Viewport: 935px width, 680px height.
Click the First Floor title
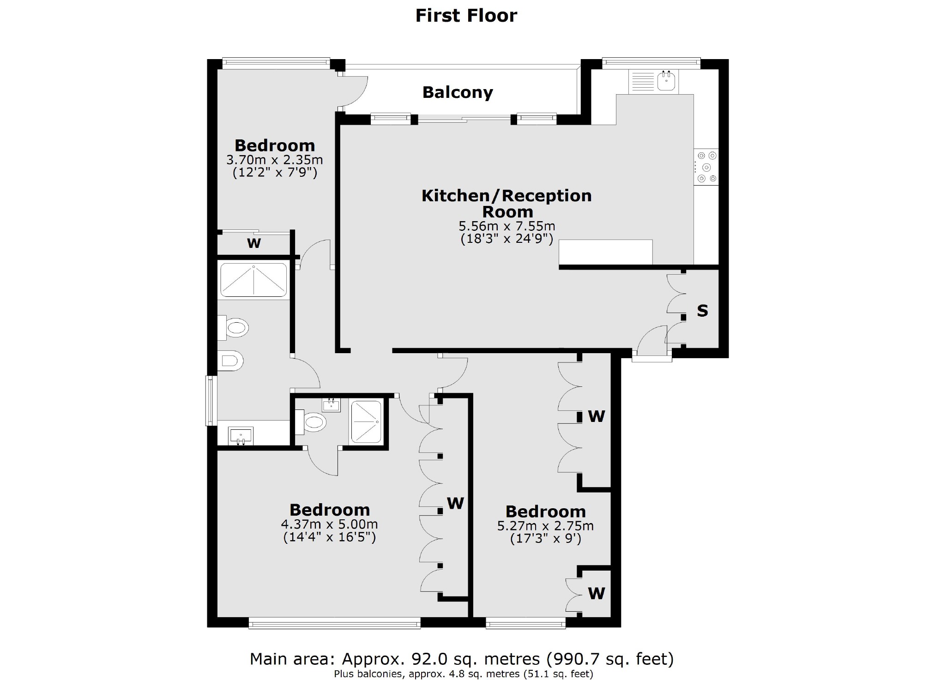[x=466, y=15]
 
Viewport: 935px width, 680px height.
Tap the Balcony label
[x=458, y=92]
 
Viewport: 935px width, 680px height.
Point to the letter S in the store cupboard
[x=702, y=311]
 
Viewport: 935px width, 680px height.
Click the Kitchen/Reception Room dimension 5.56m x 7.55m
[x=507, y=226]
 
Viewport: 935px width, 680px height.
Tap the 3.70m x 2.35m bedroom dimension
[x=274, y=160]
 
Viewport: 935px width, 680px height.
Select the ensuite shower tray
[x=366, y=422]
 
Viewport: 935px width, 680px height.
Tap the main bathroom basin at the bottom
[x=241, y=435]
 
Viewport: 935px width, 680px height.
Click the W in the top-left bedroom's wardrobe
[x=253, y=243]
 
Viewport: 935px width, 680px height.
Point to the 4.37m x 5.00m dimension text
[x=329, y=524]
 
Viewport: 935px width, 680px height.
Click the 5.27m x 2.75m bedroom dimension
[x=545, y=526]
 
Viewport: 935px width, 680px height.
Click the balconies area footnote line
[x=463, y=674]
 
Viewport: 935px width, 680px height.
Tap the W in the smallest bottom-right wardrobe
[x=596, y=593]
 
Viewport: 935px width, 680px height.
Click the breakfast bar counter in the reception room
[x=605, y=252]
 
